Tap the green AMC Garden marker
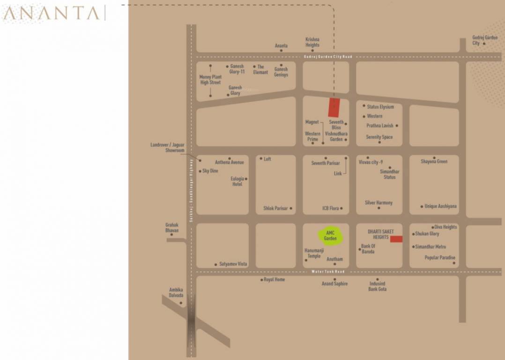tap(331, 235)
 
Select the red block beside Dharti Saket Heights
tap(396, 239)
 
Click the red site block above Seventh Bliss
tap(334, 108)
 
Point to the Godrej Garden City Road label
tap(328, 57)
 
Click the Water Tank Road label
tap(328, 272)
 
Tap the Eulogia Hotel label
tap(237, 181)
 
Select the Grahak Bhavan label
tap(172, 228)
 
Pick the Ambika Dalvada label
tap(176, 292)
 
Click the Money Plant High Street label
tap(210, 80)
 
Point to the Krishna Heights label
tap(312, 42)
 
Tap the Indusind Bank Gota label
tap(377, 286)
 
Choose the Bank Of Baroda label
tap(368, 249)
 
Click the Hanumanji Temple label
tap(314, 254)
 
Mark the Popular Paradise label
tap(440, 257)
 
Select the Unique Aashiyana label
tap(440, 206)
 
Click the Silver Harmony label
tap(379, 203)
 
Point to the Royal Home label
tap(274, 280)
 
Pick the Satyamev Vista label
tap(233, 264)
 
